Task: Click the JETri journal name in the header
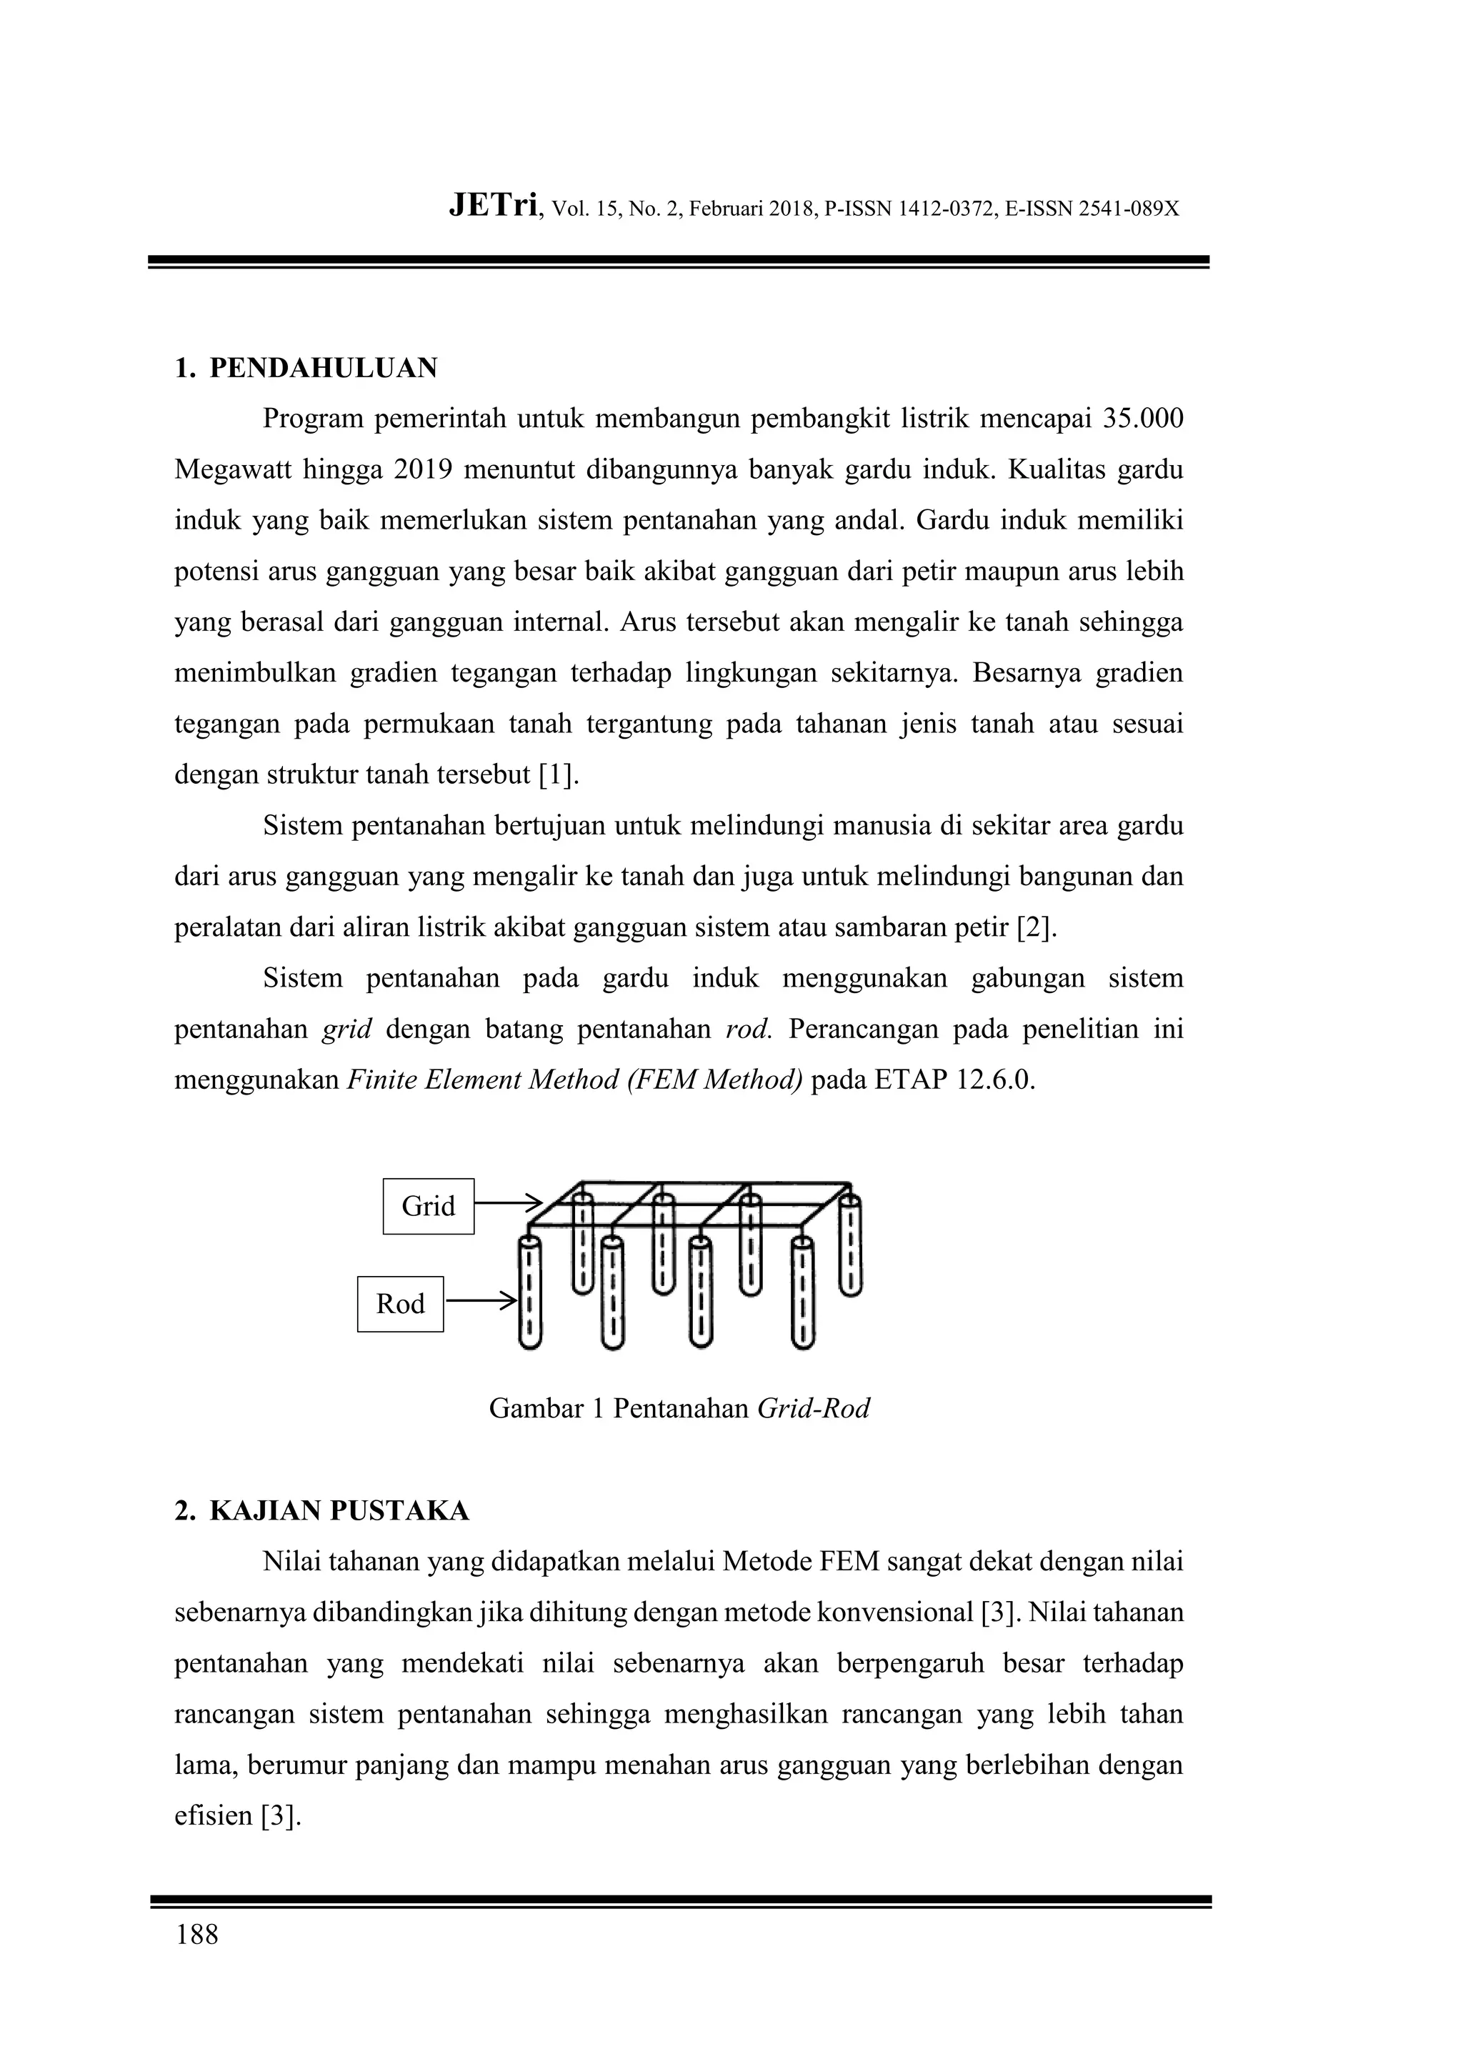[x=494, y=207]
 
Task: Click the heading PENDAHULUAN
[x=322, y=368]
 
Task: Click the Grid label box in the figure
[x=428, y=1206]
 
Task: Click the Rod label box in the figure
[x=400, y=1304]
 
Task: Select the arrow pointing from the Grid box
[x=507, y=1203]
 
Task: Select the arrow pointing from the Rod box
[x=480, y=1301]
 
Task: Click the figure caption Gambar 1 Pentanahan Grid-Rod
[x=679, y=1408]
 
